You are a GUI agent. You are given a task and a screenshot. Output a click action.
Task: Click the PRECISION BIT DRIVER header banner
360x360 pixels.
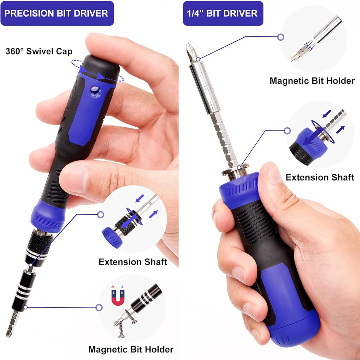[x=57, y=13]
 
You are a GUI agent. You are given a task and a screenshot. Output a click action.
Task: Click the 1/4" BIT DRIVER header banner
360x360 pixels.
[x=222, y=13]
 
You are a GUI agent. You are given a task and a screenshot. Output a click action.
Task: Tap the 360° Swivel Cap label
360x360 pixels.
[x=39, y=51]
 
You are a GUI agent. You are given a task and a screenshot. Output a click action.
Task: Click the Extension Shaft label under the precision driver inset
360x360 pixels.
[x=133, y=262]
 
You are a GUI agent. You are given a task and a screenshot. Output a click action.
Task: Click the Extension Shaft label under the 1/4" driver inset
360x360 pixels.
[x=320, y=177]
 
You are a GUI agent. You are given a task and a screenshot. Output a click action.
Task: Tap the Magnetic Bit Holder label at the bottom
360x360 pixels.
[x=130, y=349]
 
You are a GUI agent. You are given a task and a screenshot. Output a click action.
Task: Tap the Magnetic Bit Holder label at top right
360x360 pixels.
[x=312, y=81]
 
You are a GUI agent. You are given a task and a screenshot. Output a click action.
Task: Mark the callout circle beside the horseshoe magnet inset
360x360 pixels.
[x=99, y=308]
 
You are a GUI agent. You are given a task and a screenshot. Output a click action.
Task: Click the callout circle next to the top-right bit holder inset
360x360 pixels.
[x=281, y=37]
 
